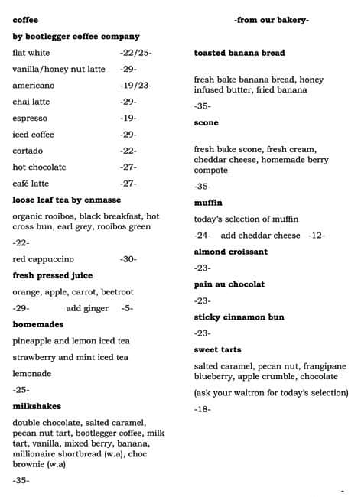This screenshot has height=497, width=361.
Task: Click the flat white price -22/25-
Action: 135,53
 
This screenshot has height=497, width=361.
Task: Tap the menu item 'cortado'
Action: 28,151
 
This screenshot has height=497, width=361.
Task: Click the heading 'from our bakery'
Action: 271,19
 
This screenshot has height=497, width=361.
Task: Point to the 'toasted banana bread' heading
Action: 239,53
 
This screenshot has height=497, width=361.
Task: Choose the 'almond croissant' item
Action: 231,252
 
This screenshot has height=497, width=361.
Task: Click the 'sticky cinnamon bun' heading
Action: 239,317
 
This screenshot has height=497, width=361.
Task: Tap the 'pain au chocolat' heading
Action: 229,284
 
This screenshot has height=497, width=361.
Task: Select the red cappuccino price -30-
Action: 128,259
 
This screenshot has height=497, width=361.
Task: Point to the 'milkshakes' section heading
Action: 37,406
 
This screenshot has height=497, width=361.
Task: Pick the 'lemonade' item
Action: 32,373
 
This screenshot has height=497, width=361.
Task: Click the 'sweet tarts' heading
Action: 219,349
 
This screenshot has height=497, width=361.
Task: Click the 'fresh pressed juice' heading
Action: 52,275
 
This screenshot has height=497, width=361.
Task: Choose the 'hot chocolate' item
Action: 40,167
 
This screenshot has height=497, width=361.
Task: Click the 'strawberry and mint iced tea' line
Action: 70,357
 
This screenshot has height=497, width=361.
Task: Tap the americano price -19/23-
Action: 135,86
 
